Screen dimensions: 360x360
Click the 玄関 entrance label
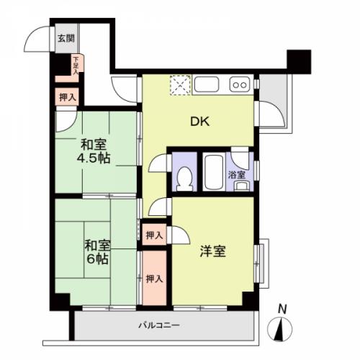(66, 38)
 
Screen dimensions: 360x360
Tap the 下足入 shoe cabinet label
(76, 66)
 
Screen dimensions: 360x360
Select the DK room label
(200, 122)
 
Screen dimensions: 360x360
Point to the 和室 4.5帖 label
(94, 151)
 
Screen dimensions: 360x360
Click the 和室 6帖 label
(97, 252)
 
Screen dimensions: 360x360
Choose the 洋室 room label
(213, 251)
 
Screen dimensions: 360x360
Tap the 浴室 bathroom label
(237, 175)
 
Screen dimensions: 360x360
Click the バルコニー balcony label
(159, 325)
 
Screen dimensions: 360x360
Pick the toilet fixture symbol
(184, 179)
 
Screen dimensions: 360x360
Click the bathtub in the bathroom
(214, 172)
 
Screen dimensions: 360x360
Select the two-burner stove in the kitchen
(240, 84)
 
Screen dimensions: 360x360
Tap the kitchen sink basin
(207, 84)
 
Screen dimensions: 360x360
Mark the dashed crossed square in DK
(180, 85)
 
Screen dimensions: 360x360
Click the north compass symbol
(280, 329)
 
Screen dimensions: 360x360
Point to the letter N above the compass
(282, 310)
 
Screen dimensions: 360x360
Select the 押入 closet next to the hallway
(67, 97)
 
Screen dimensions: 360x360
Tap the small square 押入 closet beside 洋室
(154, 235)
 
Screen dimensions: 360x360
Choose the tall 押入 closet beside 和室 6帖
(154, 278)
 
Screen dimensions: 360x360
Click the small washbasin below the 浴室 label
(242, 186)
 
